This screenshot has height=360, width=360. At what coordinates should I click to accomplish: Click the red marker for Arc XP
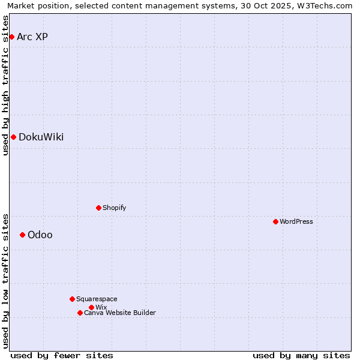pos(11,37)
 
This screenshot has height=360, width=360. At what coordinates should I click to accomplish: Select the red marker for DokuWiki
pos(13,137)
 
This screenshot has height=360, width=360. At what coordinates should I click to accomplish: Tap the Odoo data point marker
pos(22,235)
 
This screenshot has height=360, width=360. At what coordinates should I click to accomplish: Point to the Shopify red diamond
pos(98,208)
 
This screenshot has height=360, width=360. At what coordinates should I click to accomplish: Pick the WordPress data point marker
pos(275,221)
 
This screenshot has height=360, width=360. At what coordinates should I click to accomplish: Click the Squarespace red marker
pos(72,299)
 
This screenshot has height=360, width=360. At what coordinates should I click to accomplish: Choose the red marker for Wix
pos(91,307)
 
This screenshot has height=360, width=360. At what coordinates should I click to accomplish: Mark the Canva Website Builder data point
pos(80,313)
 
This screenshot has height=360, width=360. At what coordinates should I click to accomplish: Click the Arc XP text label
pos(32,37)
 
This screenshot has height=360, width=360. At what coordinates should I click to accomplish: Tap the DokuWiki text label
pos(41,137)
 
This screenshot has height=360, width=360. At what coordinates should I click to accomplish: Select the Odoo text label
pos(40,235)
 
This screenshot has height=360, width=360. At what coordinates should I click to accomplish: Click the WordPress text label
pos(296,221)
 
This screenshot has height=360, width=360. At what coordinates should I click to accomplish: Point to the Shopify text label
pos(114,208)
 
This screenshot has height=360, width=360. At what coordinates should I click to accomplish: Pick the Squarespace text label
pos(97,299)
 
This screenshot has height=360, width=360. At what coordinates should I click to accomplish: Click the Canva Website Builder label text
pos(120,313)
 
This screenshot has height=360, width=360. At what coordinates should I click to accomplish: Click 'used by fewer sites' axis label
pos(62,355)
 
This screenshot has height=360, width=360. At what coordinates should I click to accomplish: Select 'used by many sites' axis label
pos(301,355)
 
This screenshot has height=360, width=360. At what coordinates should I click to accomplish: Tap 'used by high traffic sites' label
pos(6,85)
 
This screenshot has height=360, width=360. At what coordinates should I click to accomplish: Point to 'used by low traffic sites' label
pos(6,280)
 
